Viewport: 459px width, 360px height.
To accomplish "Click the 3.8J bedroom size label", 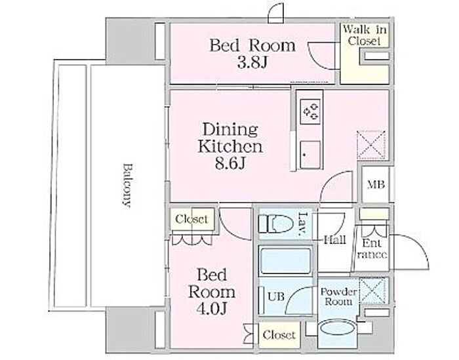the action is pyautogui.click(x=252, y=63).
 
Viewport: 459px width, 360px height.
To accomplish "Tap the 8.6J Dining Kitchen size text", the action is pyautogui.click(x=230, y=163).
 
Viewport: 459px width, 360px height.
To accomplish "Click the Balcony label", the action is pyautogui.click(x=127, y=185).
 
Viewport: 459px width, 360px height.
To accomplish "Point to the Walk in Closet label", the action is pyautogui.click(x=365, y=35).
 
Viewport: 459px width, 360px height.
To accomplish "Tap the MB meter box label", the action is pyautogui.click(x=376, y=185).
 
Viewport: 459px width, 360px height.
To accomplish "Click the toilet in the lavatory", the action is pyautogui.click(x=276, y=223).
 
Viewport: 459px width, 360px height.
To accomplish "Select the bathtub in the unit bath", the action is pyautogui.click(x=285, y=261).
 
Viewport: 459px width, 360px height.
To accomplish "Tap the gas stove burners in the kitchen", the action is pyautogui.click(x=311, y=111).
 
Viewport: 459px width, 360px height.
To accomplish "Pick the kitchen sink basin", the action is pyautogui.click(x=310, y=155).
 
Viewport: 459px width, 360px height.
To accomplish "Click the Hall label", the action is pyautogui.click(x=335, y=240).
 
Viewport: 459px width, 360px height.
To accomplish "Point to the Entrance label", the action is pyautogui.click(x=372, y=249).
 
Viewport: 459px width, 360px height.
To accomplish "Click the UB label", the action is pyautogui.click(x=276, y=296).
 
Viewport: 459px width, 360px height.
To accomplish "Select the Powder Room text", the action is pyautogui.click(x=338, y=296).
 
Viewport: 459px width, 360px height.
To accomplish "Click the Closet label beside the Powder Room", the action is pyautogui.click(x=279, y=335).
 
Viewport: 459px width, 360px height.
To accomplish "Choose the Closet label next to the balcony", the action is pyautogui.click(x=191, y=219).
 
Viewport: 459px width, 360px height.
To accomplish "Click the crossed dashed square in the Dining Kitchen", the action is pyautogui.click(x=371, y=145).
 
